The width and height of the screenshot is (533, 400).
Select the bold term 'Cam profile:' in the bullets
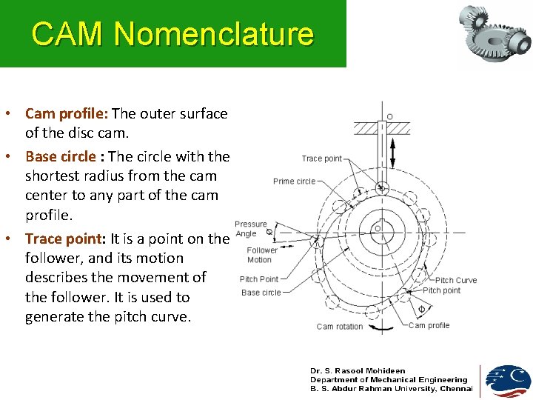67,114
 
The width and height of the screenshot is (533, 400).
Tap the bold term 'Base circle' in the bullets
61,157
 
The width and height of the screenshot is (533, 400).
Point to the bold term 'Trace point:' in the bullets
65,239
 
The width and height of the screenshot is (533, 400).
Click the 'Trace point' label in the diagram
322,159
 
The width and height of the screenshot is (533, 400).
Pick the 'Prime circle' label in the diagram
294,181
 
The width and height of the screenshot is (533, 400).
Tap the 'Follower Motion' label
262,255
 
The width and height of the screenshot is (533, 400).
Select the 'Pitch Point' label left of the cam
259,279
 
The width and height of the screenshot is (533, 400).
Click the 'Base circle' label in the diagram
261,293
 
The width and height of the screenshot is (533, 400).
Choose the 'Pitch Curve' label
456,280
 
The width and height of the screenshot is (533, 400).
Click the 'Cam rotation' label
340,327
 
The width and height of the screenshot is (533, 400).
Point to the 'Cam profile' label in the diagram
429,325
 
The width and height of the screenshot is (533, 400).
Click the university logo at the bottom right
508,380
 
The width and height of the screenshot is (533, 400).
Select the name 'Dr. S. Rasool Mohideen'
358,371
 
